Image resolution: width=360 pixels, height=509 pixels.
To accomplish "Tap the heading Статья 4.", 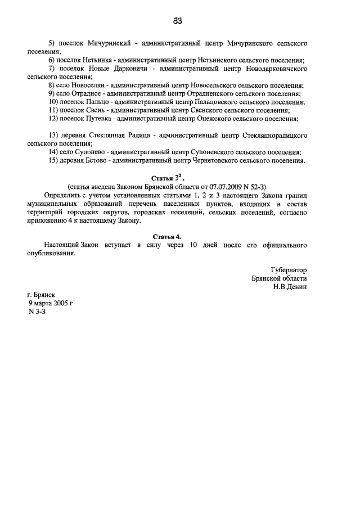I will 178,237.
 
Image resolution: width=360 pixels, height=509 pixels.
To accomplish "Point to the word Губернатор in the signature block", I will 289,270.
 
